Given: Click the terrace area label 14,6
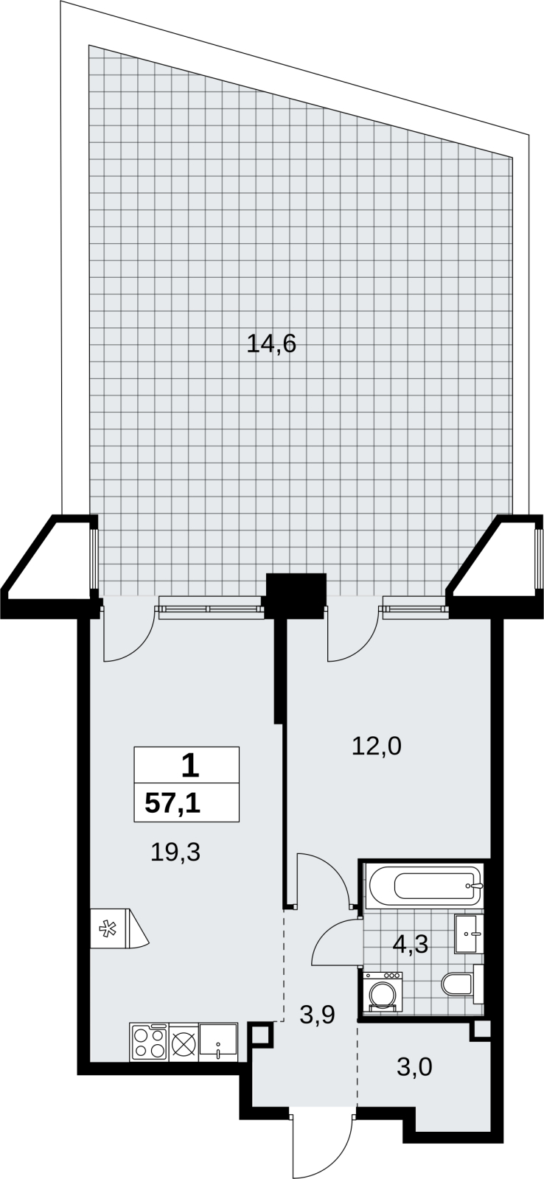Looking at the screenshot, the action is [272, 345].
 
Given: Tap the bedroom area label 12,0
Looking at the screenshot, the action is [377, 746].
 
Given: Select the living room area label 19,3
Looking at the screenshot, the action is [175, 852].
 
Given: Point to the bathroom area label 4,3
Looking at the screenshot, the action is [411, 944].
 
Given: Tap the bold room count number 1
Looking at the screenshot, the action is [190, 766].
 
